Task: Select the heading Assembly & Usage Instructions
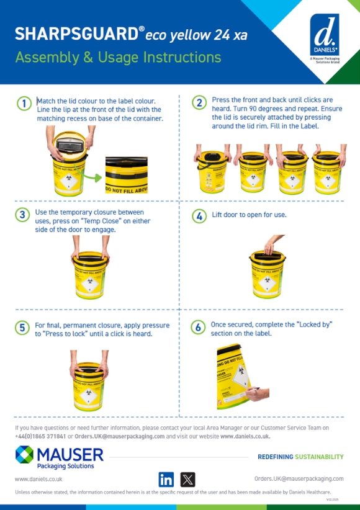118,58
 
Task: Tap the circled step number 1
23,104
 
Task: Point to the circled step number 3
23,215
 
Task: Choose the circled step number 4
199,217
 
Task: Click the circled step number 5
23,328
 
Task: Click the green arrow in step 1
94,179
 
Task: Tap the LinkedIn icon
166,479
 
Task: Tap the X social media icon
188,479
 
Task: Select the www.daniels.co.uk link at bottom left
38,479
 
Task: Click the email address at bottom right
299,479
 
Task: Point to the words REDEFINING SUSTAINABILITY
300,457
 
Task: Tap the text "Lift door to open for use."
249,215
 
